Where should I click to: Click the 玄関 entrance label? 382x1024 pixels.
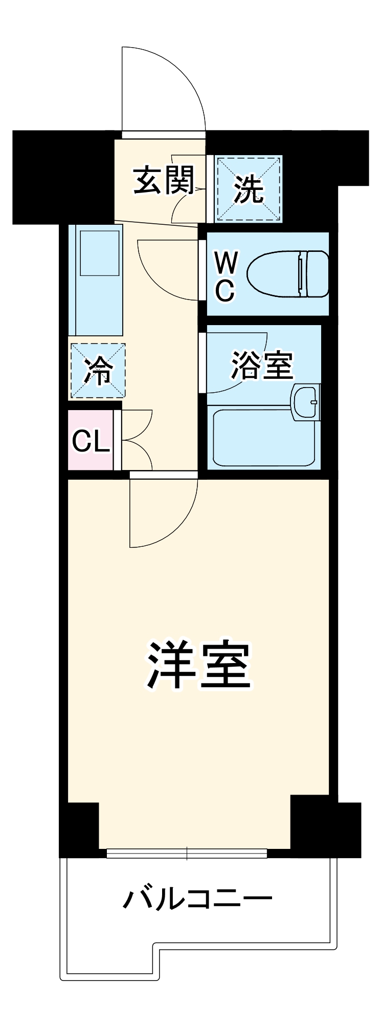pyautogui.click(x=164, y=180)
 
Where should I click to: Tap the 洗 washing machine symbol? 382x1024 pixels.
pyautogui.click(x=249, y=189)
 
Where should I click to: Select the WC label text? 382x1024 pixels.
pyautogui.click(x=225, y=277)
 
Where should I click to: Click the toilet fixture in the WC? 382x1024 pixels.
pyautogui.click(x=287, y=274)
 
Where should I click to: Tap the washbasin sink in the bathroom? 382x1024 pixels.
pyautogui.click(x=305, y=403)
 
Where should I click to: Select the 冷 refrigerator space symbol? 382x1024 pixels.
pyautogui.click(x=97, y=370)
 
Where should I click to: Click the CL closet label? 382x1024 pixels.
pyautogui.click(x=91, y=440)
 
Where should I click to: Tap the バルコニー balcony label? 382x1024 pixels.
pyautogui.click(x=197, y=900)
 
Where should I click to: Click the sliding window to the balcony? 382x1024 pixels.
pyautogui.click(x=187, y=854)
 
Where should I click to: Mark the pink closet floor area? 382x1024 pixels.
pyautogui.click(x=91, y=458)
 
